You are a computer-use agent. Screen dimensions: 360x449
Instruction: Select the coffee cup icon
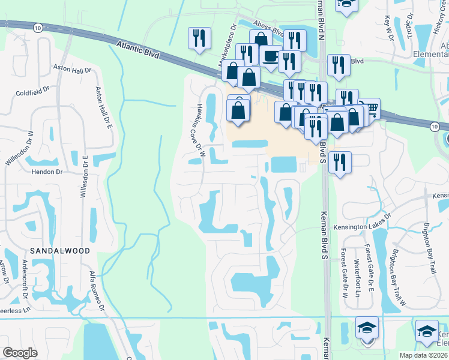tap(270, 56)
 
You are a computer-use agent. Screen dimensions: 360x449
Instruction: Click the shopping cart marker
tap(370, 109)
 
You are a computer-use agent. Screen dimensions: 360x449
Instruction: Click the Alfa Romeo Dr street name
tap(97, 291)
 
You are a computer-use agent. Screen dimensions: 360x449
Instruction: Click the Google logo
tap(20, 352)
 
